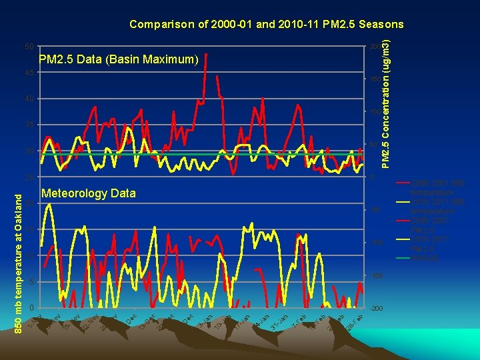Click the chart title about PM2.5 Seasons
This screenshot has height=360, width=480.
pyautogui.click(x=266, y=25)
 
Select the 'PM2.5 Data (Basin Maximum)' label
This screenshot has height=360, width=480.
pyautogui.click(x=119, y=60)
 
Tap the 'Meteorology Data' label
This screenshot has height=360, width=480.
pyautogui.click(x=88, y=194)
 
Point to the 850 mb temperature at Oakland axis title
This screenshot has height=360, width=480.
pyautogui.click(x=21, y=255)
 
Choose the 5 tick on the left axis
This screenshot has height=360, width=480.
pyautogui.click(x=31, y=282)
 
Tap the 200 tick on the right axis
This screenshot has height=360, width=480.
pyautogui.click(x=375, y=47)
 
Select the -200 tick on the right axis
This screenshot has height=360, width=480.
pyautogui.click(x=376, y=309)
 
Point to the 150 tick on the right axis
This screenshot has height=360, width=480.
pyautogui.click(x=375, y=79)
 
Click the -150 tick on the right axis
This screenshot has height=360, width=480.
pyautogui.click(x=376, y=276)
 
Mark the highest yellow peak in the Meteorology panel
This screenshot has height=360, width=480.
pyautogui.click(x=49, y=203)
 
